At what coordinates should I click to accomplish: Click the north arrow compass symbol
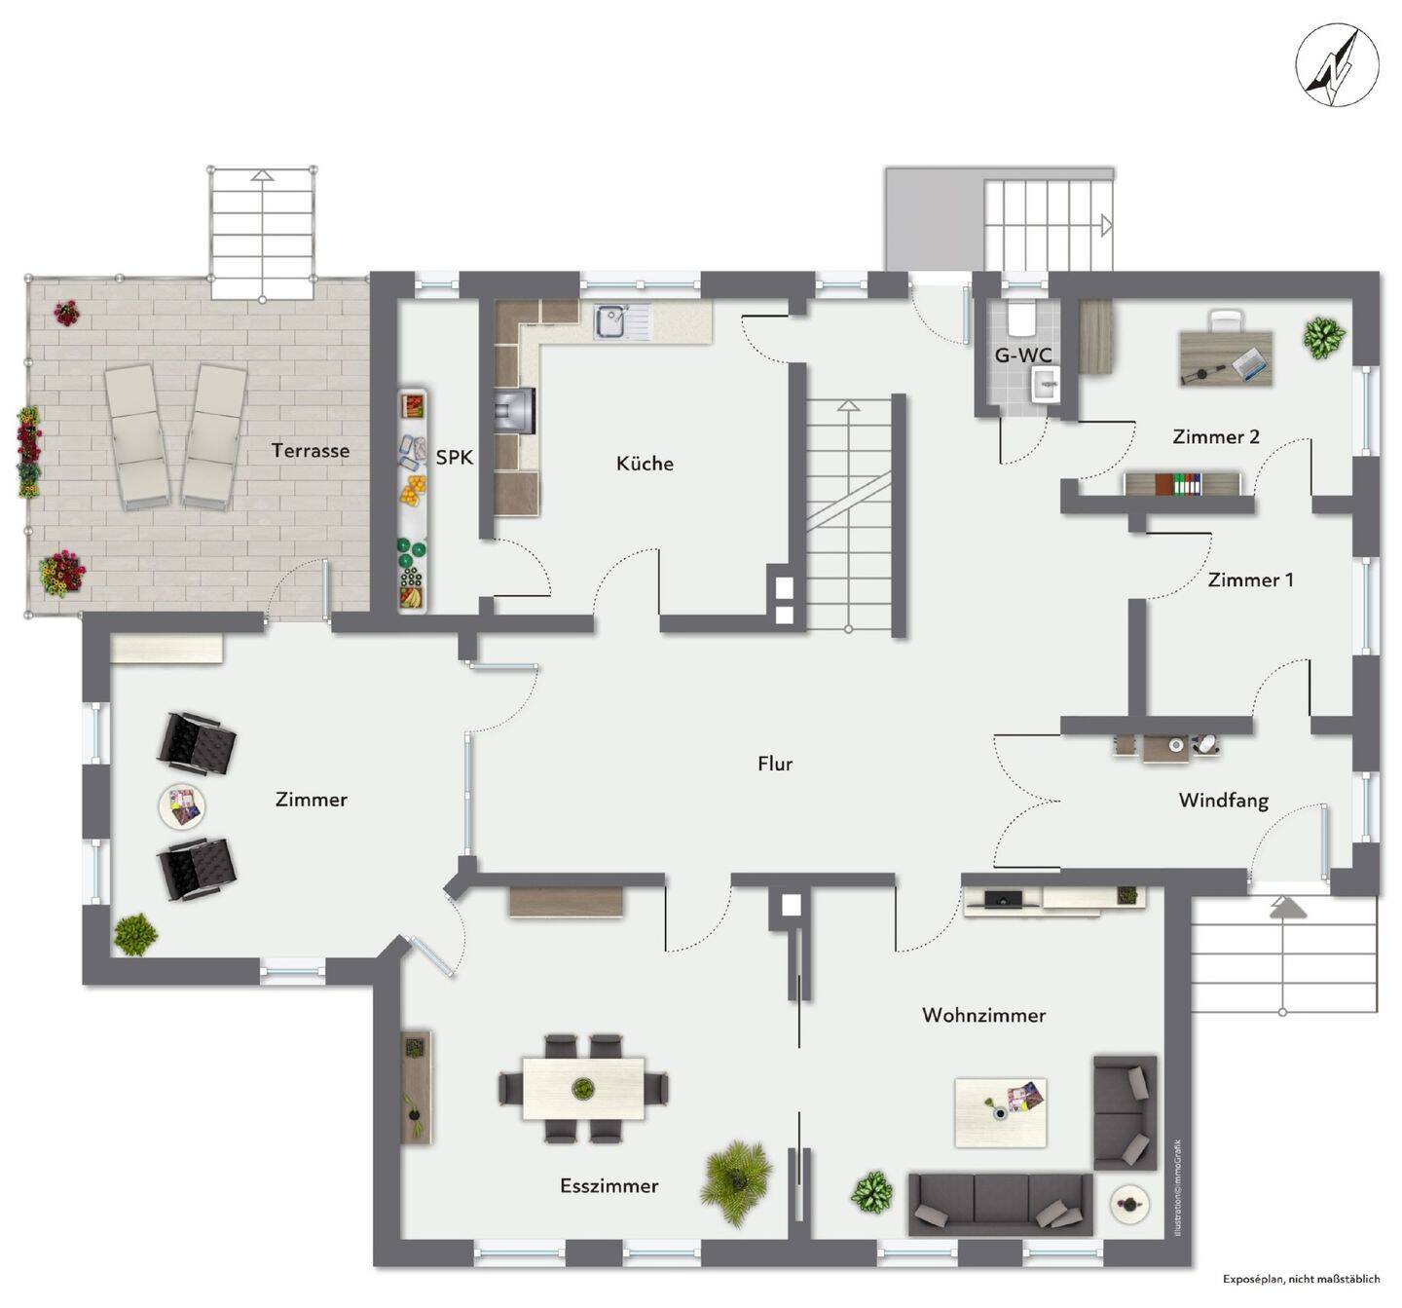click(1337, 65)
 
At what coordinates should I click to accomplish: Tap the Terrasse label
click(310, 451)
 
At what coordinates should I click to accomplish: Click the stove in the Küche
click(515, 410)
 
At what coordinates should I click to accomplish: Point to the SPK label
click(454, 457)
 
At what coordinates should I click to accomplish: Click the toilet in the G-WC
click(1020, 317)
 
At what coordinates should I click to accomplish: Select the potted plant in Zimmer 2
click(1324, 337)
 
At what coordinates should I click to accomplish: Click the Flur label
click(775, 765)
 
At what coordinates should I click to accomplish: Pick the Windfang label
click(1223, 801)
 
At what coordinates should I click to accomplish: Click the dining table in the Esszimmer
click(583, 1088)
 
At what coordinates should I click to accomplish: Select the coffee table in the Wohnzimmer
click(1000, 1112)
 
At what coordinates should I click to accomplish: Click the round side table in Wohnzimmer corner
click(1128, 1205)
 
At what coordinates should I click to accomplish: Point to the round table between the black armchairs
click(182, 806)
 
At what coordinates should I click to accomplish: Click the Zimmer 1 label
click(1250, 580)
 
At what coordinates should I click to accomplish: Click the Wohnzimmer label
click(983, 1016)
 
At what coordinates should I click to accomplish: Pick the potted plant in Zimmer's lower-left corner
click(135, 935)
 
